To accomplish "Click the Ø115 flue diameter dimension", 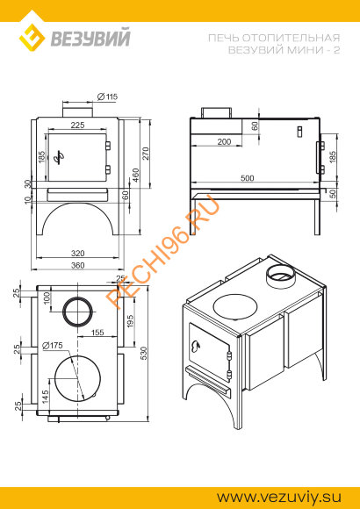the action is (x=107, y=97).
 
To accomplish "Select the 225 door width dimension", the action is (x=77, y=125).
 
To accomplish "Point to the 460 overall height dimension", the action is (x=135, y=176).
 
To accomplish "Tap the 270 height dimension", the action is (x=145, y=154).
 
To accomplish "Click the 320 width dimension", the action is (x=77, y=254).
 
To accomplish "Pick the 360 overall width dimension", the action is (x=77, y=265).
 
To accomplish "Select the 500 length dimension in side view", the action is (x=248, y=178).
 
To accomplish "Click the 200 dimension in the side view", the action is (x=224, y=142).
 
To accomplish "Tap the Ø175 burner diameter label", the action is (x=53, y=346).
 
